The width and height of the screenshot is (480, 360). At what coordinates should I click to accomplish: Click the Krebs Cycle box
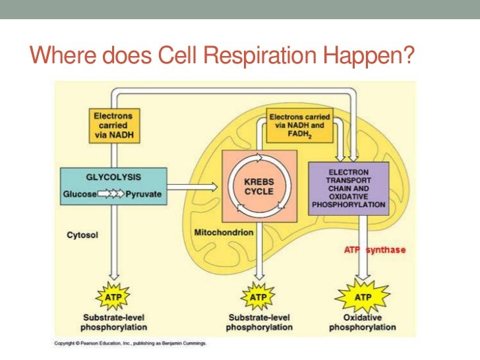pyautogui.click(x=260, y=185)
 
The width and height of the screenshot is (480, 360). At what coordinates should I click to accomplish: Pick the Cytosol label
pyautogui.click(x=82, y=234)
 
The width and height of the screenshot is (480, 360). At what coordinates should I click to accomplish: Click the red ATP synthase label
pyautogui.click(x=375, y=250)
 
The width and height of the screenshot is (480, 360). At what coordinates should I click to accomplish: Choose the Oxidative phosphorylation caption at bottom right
pyautogui.click(x=363, y=322)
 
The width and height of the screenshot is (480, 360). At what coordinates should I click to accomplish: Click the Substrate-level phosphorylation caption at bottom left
pyautogui.click(x=113, y=322)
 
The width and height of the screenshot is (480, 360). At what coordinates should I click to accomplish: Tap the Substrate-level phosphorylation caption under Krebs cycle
pyautogui.click(x=258, y=322)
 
